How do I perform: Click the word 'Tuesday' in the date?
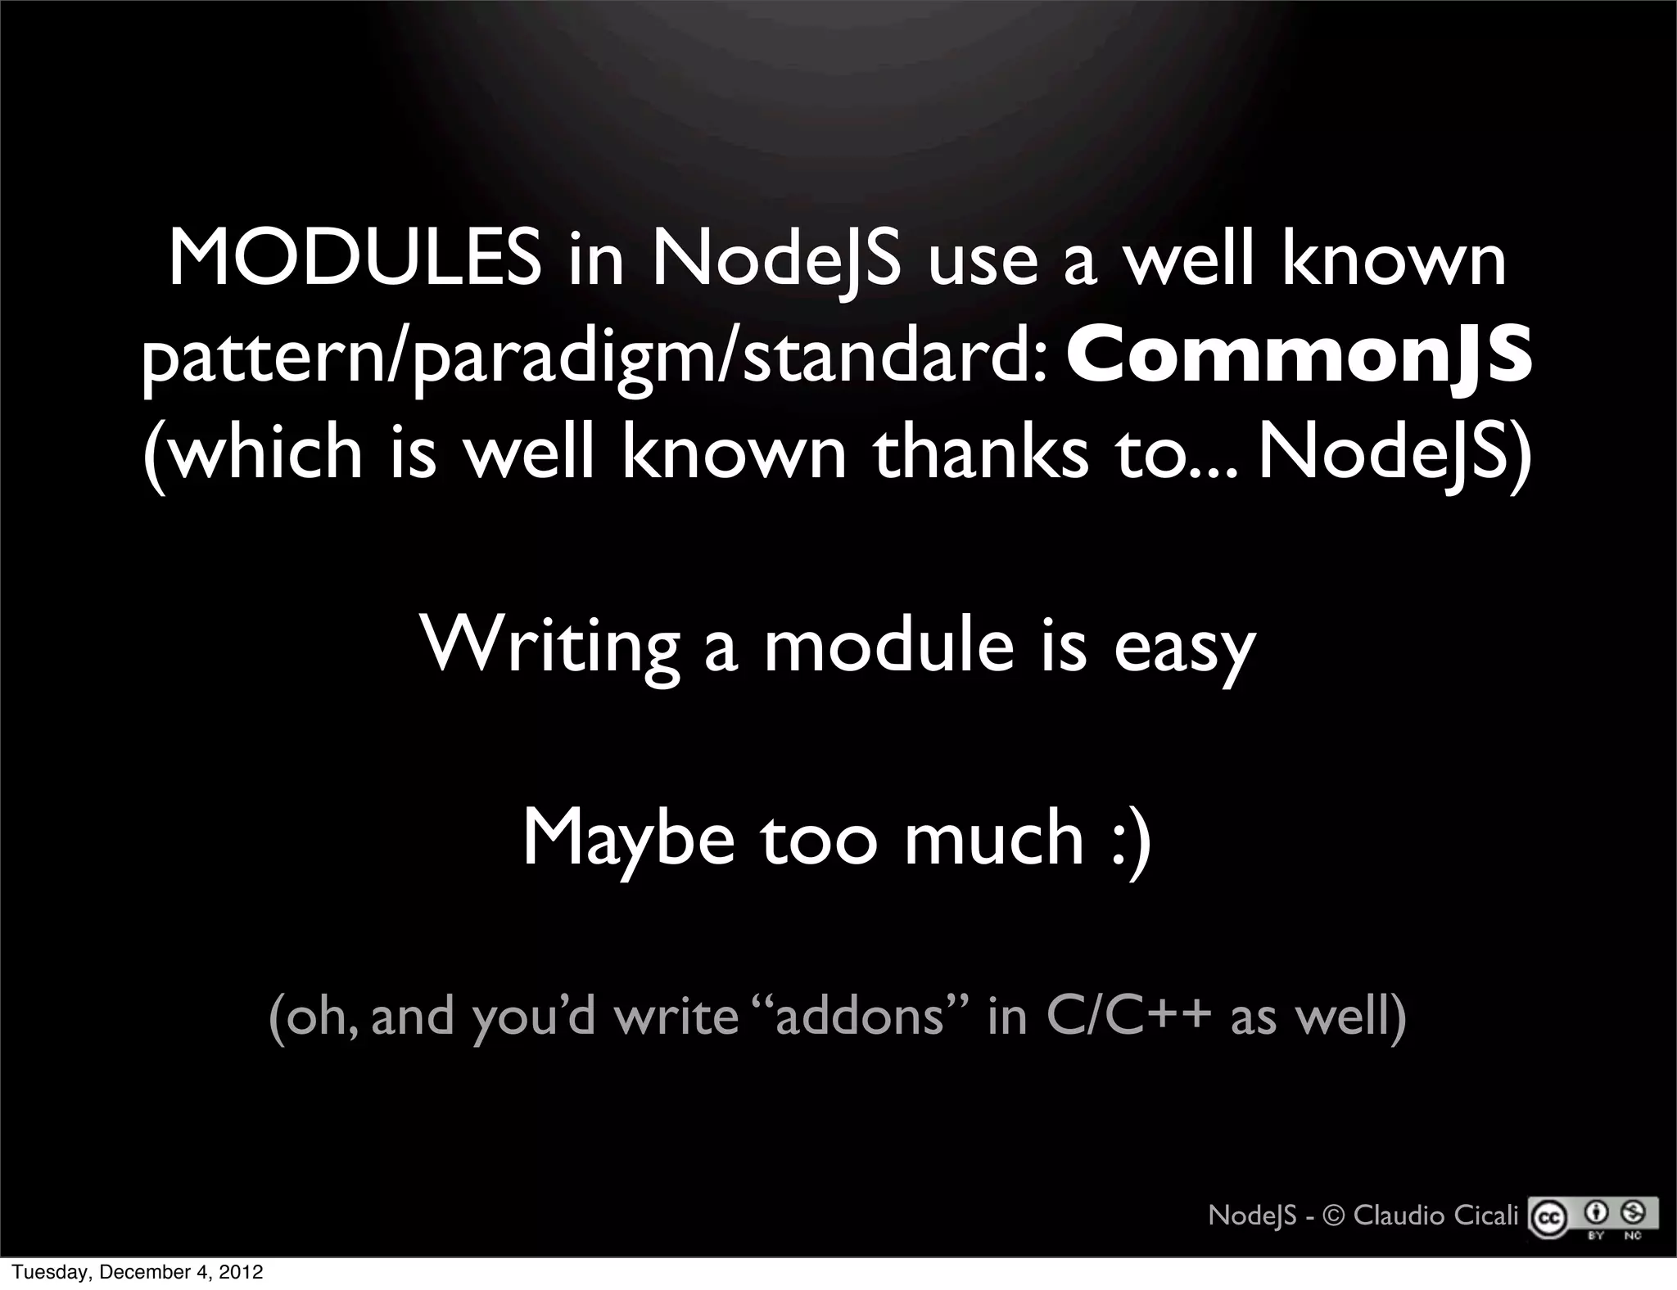(x=40, y=1273)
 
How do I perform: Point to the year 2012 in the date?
(x=242, y=1273)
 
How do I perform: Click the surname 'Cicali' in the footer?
(x=1487, y=1216)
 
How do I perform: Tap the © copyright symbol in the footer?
(x=1334, y=1216)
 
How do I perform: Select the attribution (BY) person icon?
(x=1597, y=1211)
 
